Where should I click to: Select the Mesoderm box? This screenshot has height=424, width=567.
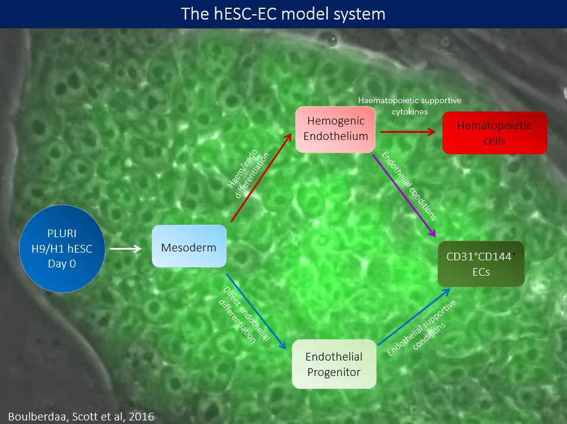click(x=189, y=246)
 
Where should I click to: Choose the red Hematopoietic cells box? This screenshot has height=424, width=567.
click(x=495, y=133)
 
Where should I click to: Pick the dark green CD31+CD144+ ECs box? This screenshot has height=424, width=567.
click(x=481, y=264)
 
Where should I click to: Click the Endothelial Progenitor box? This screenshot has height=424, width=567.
click(x=335, y=364)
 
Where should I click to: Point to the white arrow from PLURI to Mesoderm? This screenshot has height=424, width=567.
click(x=126, y=248)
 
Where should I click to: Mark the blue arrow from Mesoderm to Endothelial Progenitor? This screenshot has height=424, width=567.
click(x=259, y=311)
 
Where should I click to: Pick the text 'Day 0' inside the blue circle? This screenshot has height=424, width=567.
click(x=62, y=263)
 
